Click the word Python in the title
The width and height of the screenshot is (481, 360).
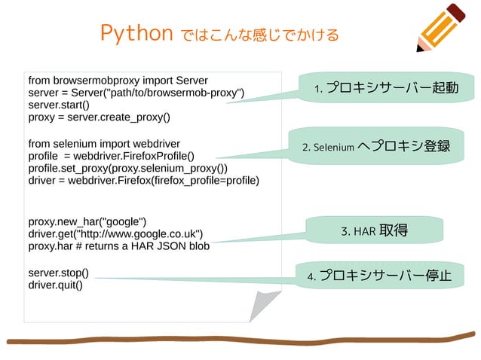click(x=136, y=33)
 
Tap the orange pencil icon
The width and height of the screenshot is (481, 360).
click(x=443, y=27)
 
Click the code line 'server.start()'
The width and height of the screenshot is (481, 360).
click(x=58, y=105)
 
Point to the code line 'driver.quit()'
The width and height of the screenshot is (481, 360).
click(x=55, y=285)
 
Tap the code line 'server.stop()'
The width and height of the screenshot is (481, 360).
click(x=58, y=272)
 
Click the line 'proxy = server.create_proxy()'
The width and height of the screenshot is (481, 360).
click(x=99, y=117)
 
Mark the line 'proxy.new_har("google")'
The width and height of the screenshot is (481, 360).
click(x=87, y=221)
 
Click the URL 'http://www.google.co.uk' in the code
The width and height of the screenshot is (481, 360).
click(x=137, y=233)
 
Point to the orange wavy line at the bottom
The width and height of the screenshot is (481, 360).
click(x=241, y=340)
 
